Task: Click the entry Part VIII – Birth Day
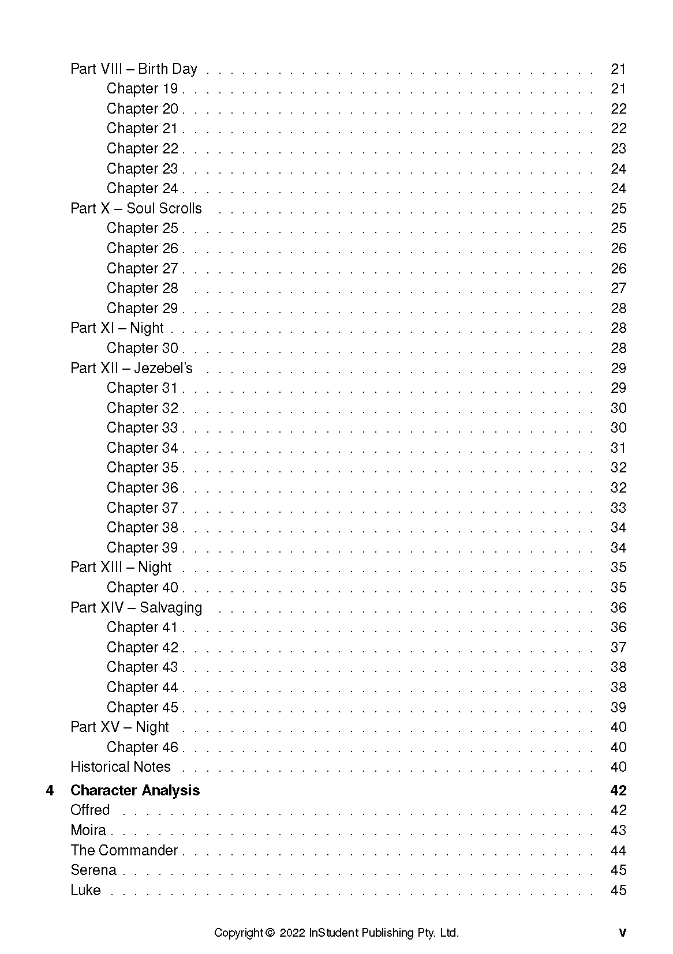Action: pyautogui.click(x=134, y=69)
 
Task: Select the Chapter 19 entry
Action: pyautogui.click(x=142, y=89)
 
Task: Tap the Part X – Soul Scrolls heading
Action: pyautogui.click(x=136, y=209)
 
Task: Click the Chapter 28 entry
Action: pyautogui.click(x=142, y=288)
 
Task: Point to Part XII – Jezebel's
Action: pyautogui.click(x=132, y=369)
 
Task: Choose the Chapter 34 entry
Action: pyautogui.click(x=142, y=448)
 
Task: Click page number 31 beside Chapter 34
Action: pyautogui.click(x=618, y=448)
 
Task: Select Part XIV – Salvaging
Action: pyautogui.click(x=136, y=608)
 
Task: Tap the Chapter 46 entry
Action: pyautogui.click(x=142, y=748)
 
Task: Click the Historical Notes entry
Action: pyautogui.click(x=121, y=767)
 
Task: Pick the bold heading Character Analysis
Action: pyautogui.click(x=135, y=791)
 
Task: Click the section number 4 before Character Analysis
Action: pyautogui.click(x=50, y=791)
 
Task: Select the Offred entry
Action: pyautogui.click(x=90, y=810)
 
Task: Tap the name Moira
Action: pyautogui.click(x=88, y=831)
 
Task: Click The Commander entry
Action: pyautogui.click(x=124, y=851)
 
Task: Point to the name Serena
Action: pyautogui.click(x=94, y=870)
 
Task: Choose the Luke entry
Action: pyautogui.click(x=85, y=891)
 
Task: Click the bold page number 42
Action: pyautogui.click(x=618, y=791)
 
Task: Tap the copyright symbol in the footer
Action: pyautogui.click(x=270, y=933)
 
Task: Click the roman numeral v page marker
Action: pyautogui.click(x=622, y=933)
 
